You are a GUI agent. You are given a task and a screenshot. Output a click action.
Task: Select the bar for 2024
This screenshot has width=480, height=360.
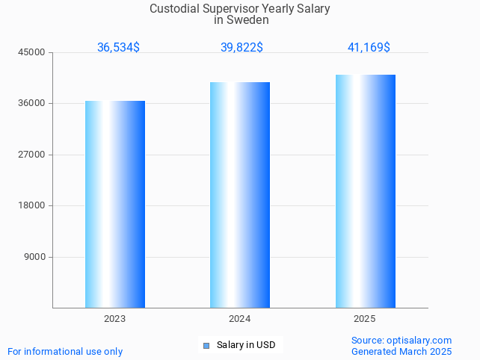240,195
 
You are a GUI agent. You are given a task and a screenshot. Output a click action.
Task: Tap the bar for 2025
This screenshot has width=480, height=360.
365,191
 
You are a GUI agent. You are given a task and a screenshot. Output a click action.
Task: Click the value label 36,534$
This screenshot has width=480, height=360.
118,48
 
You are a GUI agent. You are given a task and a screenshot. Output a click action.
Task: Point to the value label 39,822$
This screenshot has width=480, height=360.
241,48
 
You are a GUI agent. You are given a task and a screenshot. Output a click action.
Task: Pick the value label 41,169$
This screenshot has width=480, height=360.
369,48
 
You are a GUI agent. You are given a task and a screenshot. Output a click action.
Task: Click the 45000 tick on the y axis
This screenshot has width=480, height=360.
33,52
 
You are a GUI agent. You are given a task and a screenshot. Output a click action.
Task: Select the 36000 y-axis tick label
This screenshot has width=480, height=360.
33,104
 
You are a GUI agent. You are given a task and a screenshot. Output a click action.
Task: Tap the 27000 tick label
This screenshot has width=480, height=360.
33,155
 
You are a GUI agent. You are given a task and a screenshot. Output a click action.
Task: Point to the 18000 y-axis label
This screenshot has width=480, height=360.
33,206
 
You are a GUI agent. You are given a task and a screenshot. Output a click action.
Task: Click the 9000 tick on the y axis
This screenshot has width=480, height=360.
35,257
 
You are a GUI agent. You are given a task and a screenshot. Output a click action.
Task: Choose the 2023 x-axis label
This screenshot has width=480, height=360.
114,319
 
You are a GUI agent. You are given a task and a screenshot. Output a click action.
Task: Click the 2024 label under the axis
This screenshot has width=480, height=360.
240,319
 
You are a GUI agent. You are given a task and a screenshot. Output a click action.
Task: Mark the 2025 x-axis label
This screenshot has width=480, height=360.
365,319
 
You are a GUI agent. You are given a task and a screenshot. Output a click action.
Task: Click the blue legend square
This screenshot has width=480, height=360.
206,345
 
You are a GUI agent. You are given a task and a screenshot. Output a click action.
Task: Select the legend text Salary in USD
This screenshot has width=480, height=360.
246,345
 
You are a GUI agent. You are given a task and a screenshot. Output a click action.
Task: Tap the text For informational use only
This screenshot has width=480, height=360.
65,352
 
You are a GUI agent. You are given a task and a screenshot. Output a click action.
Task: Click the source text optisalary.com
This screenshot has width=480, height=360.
419,341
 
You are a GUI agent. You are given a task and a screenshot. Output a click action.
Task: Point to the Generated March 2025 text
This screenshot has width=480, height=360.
401,352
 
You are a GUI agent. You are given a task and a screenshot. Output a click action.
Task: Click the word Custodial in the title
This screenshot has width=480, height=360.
173,9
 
